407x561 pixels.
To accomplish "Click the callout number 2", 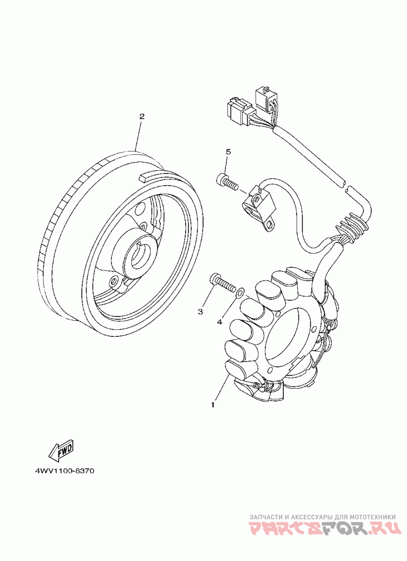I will [142, 116].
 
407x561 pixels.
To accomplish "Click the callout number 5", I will [228, 152].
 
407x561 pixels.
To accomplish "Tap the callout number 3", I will [200, 310].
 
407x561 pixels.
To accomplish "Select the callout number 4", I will [220, 322].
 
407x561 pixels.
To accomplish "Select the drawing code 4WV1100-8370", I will [65, 471].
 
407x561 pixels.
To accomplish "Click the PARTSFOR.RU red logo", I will [323, 529].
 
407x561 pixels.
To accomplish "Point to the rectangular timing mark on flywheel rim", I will [149, 176].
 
